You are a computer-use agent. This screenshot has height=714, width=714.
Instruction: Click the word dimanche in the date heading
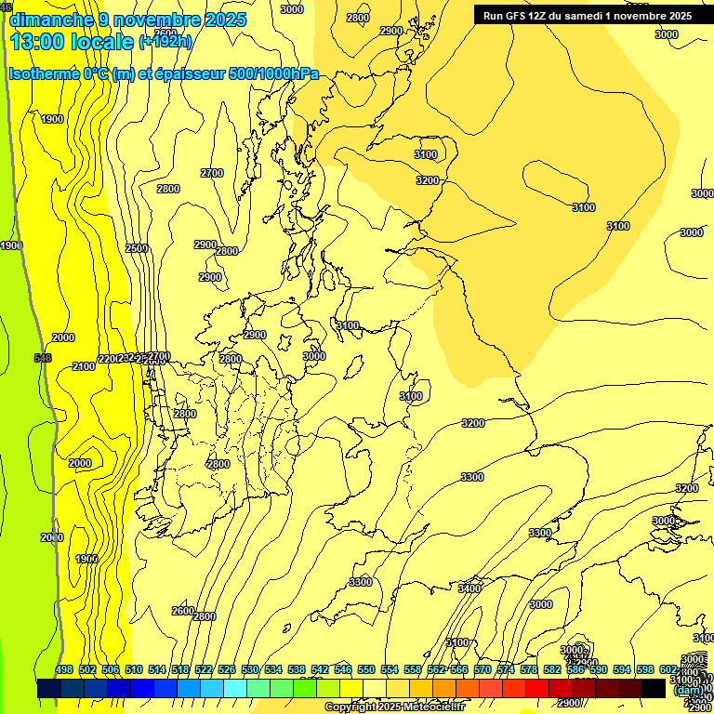(51, 19)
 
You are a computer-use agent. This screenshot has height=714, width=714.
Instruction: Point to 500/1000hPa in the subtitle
(279, 73)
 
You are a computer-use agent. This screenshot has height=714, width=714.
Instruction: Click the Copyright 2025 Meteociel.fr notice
(394, 707)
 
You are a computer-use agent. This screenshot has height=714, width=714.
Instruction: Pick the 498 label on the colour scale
(64, 670)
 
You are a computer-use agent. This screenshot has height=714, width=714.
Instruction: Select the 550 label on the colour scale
(366, 670)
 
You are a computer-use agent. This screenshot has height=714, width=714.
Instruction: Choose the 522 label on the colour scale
(204, 670)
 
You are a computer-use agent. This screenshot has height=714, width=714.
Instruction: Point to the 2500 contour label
(137, 248)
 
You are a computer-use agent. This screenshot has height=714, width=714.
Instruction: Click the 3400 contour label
(469, 588)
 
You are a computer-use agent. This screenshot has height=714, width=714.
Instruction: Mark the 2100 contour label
(84, 366)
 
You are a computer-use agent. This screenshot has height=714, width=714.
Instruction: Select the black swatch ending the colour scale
(654, 689)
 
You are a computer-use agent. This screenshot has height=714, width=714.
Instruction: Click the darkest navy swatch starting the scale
(49, 689)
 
